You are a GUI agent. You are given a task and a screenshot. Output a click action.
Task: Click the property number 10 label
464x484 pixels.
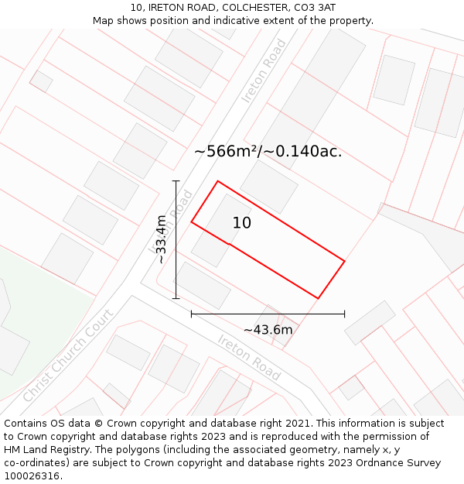pos(242,223)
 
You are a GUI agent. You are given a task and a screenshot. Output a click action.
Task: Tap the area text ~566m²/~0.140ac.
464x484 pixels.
pos(268,151)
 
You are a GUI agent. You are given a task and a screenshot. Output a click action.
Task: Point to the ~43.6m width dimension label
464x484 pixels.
pos(268,330)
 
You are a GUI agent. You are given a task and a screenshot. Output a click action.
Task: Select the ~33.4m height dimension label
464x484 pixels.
pos(161,239)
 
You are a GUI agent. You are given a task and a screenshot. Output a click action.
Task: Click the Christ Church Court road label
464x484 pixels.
pos(67,355)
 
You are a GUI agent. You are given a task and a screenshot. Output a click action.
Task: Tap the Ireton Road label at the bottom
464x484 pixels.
pos(249,357)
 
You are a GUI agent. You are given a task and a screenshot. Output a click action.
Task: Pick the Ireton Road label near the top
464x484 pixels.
pos(264,71)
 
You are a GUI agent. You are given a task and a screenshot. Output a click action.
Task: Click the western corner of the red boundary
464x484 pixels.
pos(192,223)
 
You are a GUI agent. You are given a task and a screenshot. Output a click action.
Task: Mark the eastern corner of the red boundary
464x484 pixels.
pos(344,261)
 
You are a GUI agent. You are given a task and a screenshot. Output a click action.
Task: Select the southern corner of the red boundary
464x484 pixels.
pos(318,298)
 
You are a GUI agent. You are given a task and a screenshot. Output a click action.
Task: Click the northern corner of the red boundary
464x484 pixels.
pos(217,181)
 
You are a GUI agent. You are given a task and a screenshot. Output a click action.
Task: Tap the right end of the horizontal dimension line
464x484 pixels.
pos(344,314)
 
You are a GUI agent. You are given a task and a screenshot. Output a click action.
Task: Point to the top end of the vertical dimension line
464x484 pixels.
pos(176,181)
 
